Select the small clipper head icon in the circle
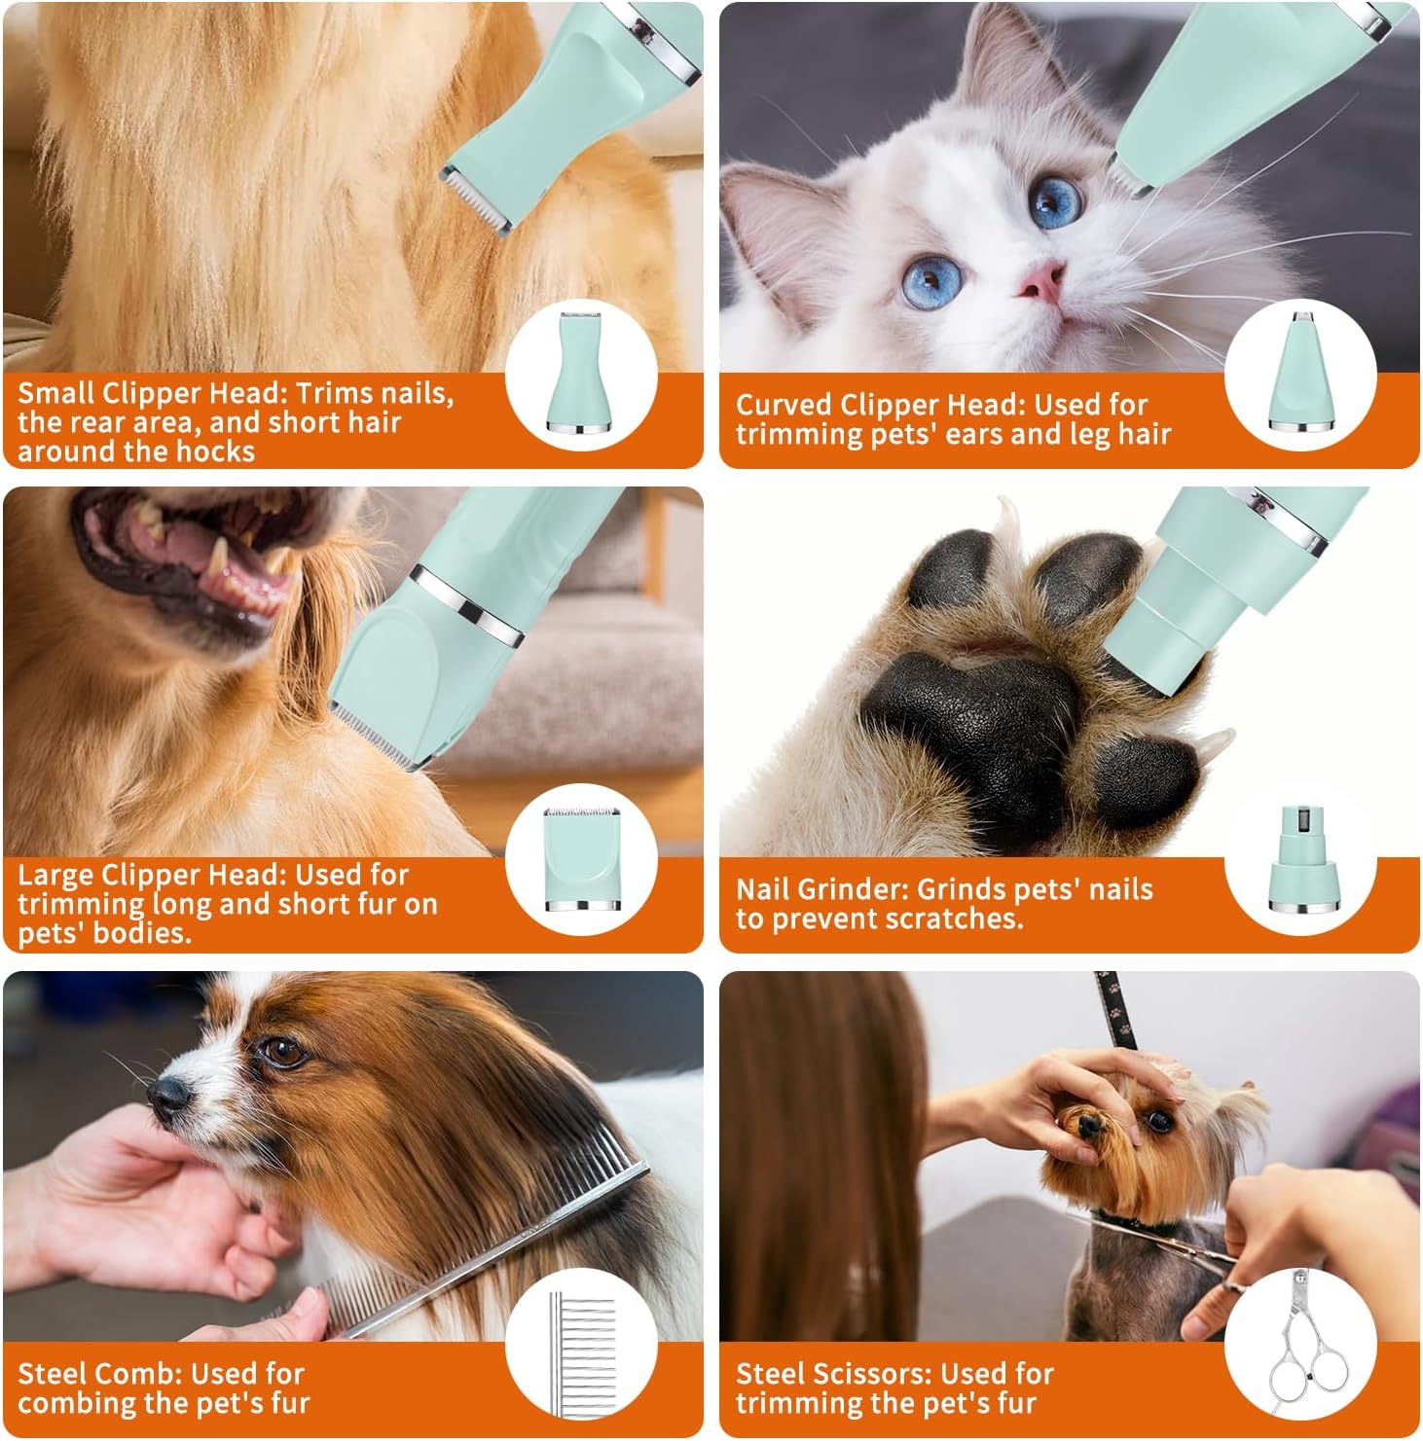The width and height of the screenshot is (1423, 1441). [x=582, y=374]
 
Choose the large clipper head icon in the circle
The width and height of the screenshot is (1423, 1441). [x=582, y=858]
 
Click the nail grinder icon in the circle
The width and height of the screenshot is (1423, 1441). [x=1299, y=860]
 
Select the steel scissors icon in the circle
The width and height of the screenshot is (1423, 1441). [x=1299, y=1346]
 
